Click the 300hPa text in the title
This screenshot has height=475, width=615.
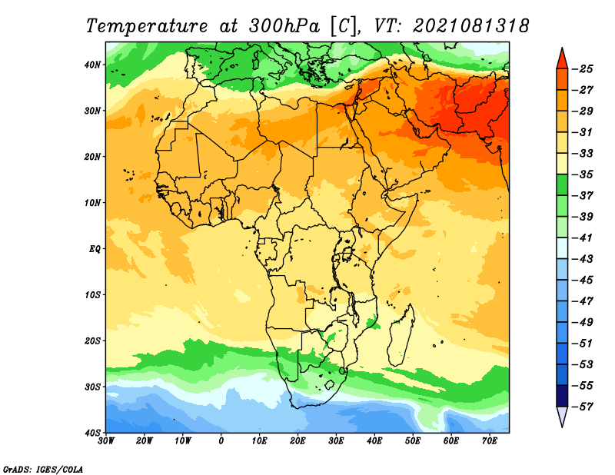(284, 26)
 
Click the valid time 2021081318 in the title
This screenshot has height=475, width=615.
(471, 26)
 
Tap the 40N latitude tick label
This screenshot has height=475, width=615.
(92, 65)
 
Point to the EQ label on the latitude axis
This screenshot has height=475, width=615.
(95, 249)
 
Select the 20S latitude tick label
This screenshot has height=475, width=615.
(92, 340)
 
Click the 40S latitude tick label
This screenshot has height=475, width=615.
(92, 433)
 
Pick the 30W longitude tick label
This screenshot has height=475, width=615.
(106, 441)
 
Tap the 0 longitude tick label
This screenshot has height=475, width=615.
(221, 441)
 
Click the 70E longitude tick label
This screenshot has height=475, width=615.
(490, 441)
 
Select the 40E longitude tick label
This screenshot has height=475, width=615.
(374, 441)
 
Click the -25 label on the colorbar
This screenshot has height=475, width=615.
(583, 69)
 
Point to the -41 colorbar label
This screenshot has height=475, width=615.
(583, 237)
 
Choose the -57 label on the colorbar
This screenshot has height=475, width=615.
(583, 407)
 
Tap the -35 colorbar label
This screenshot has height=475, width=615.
(583, 174)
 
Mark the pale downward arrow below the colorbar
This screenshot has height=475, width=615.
(562, 416)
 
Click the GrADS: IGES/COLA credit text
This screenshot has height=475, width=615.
(43, 469)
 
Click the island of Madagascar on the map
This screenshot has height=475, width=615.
(401, 335)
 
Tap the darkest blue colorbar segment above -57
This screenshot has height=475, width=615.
(562, 396)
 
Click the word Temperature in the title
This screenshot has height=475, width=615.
(147, 26)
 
